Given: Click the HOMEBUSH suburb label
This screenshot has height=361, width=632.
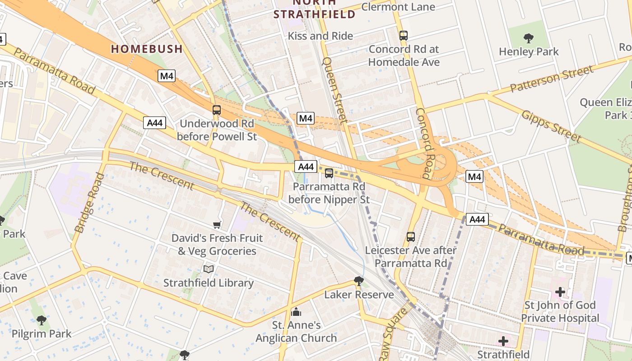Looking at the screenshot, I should point(147,49).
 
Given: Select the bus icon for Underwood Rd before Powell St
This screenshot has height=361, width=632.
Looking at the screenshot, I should point(217,110).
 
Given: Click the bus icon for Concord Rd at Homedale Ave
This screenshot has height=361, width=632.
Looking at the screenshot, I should point(404,35).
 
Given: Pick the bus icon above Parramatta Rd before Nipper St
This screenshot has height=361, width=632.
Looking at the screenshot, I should point(329,173).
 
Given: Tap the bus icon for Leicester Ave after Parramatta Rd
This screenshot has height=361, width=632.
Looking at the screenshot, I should point(411,236).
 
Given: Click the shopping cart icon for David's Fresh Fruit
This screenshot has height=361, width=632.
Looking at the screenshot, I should point(217,225).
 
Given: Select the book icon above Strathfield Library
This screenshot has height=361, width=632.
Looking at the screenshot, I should point(208,269).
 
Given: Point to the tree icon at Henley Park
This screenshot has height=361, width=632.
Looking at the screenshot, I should point(528,38).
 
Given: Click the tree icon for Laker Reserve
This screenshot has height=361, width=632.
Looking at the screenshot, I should point(359,281).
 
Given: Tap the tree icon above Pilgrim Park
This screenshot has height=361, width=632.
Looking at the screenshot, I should point(42,320).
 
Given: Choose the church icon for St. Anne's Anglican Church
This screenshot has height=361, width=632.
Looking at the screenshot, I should point(297,311).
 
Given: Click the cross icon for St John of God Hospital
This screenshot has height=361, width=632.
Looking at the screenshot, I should point(560,292).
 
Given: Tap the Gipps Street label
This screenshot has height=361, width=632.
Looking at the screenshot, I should point(551,126).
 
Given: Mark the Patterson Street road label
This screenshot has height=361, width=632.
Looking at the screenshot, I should point(552,79).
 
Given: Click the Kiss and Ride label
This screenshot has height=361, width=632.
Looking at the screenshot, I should point(321,36).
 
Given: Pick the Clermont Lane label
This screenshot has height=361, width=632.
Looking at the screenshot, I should point(398,7).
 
